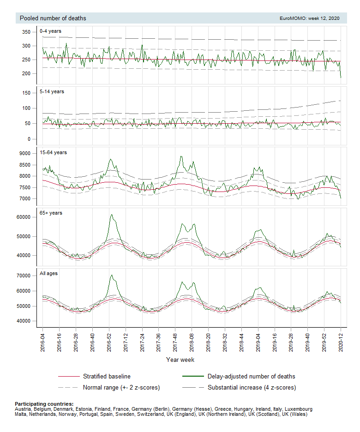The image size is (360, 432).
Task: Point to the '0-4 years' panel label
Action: (x=51, y=31)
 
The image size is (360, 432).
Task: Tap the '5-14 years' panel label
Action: (x=52, y=91)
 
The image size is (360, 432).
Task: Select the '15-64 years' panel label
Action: (x=53, y=152)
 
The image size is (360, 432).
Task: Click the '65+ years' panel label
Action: (x=51, y=213)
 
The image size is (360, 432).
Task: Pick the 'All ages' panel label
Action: (x=49, y=273)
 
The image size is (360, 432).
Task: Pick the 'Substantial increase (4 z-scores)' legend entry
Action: (x=252, y=387)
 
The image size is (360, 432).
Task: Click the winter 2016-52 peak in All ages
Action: (x=111, y=276)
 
